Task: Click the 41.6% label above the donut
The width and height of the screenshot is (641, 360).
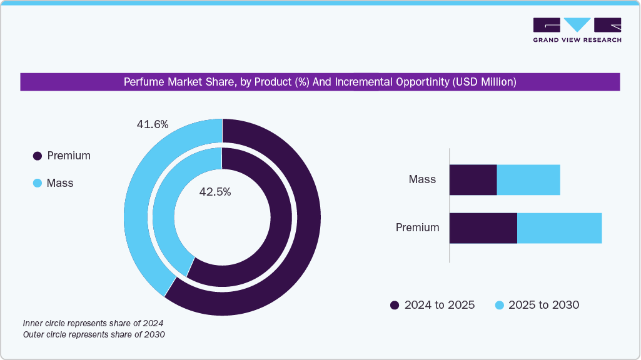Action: pyautogui.click(x=153, y=124)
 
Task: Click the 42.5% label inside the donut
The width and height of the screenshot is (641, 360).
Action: pyautogui.click(x=215, y=192)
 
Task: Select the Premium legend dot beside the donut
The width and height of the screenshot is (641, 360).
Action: pyautogui.click(x=38, y=156)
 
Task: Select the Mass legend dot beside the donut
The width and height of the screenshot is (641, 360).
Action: pyautogui.click(x=38, y=184)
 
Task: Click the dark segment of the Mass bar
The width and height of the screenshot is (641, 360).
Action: pyautogui.click(x=473, y=180)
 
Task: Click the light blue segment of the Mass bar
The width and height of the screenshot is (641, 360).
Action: pyautogui.click(x=528, y=180)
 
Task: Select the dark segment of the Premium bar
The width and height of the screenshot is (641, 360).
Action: pyautogui.click(x=483, y=228)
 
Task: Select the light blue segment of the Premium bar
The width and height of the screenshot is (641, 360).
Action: pyautogui.click(x=559, y=228)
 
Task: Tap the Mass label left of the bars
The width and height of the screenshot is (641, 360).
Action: pyautogui.click(x=422, y=179)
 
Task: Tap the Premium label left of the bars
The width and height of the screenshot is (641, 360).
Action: pyautogui.click(x=417, y=227)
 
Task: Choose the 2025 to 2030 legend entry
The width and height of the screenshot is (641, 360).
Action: pyautogui.click(x=537, y=305)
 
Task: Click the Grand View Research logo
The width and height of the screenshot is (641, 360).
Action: pyautogui.click(x=577, y=29)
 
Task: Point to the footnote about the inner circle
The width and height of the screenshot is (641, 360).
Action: pyautogui.click(x=93, y=323)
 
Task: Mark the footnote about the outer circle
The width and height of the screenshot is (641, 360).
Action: pyautogui.click(x=94, y=335)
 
